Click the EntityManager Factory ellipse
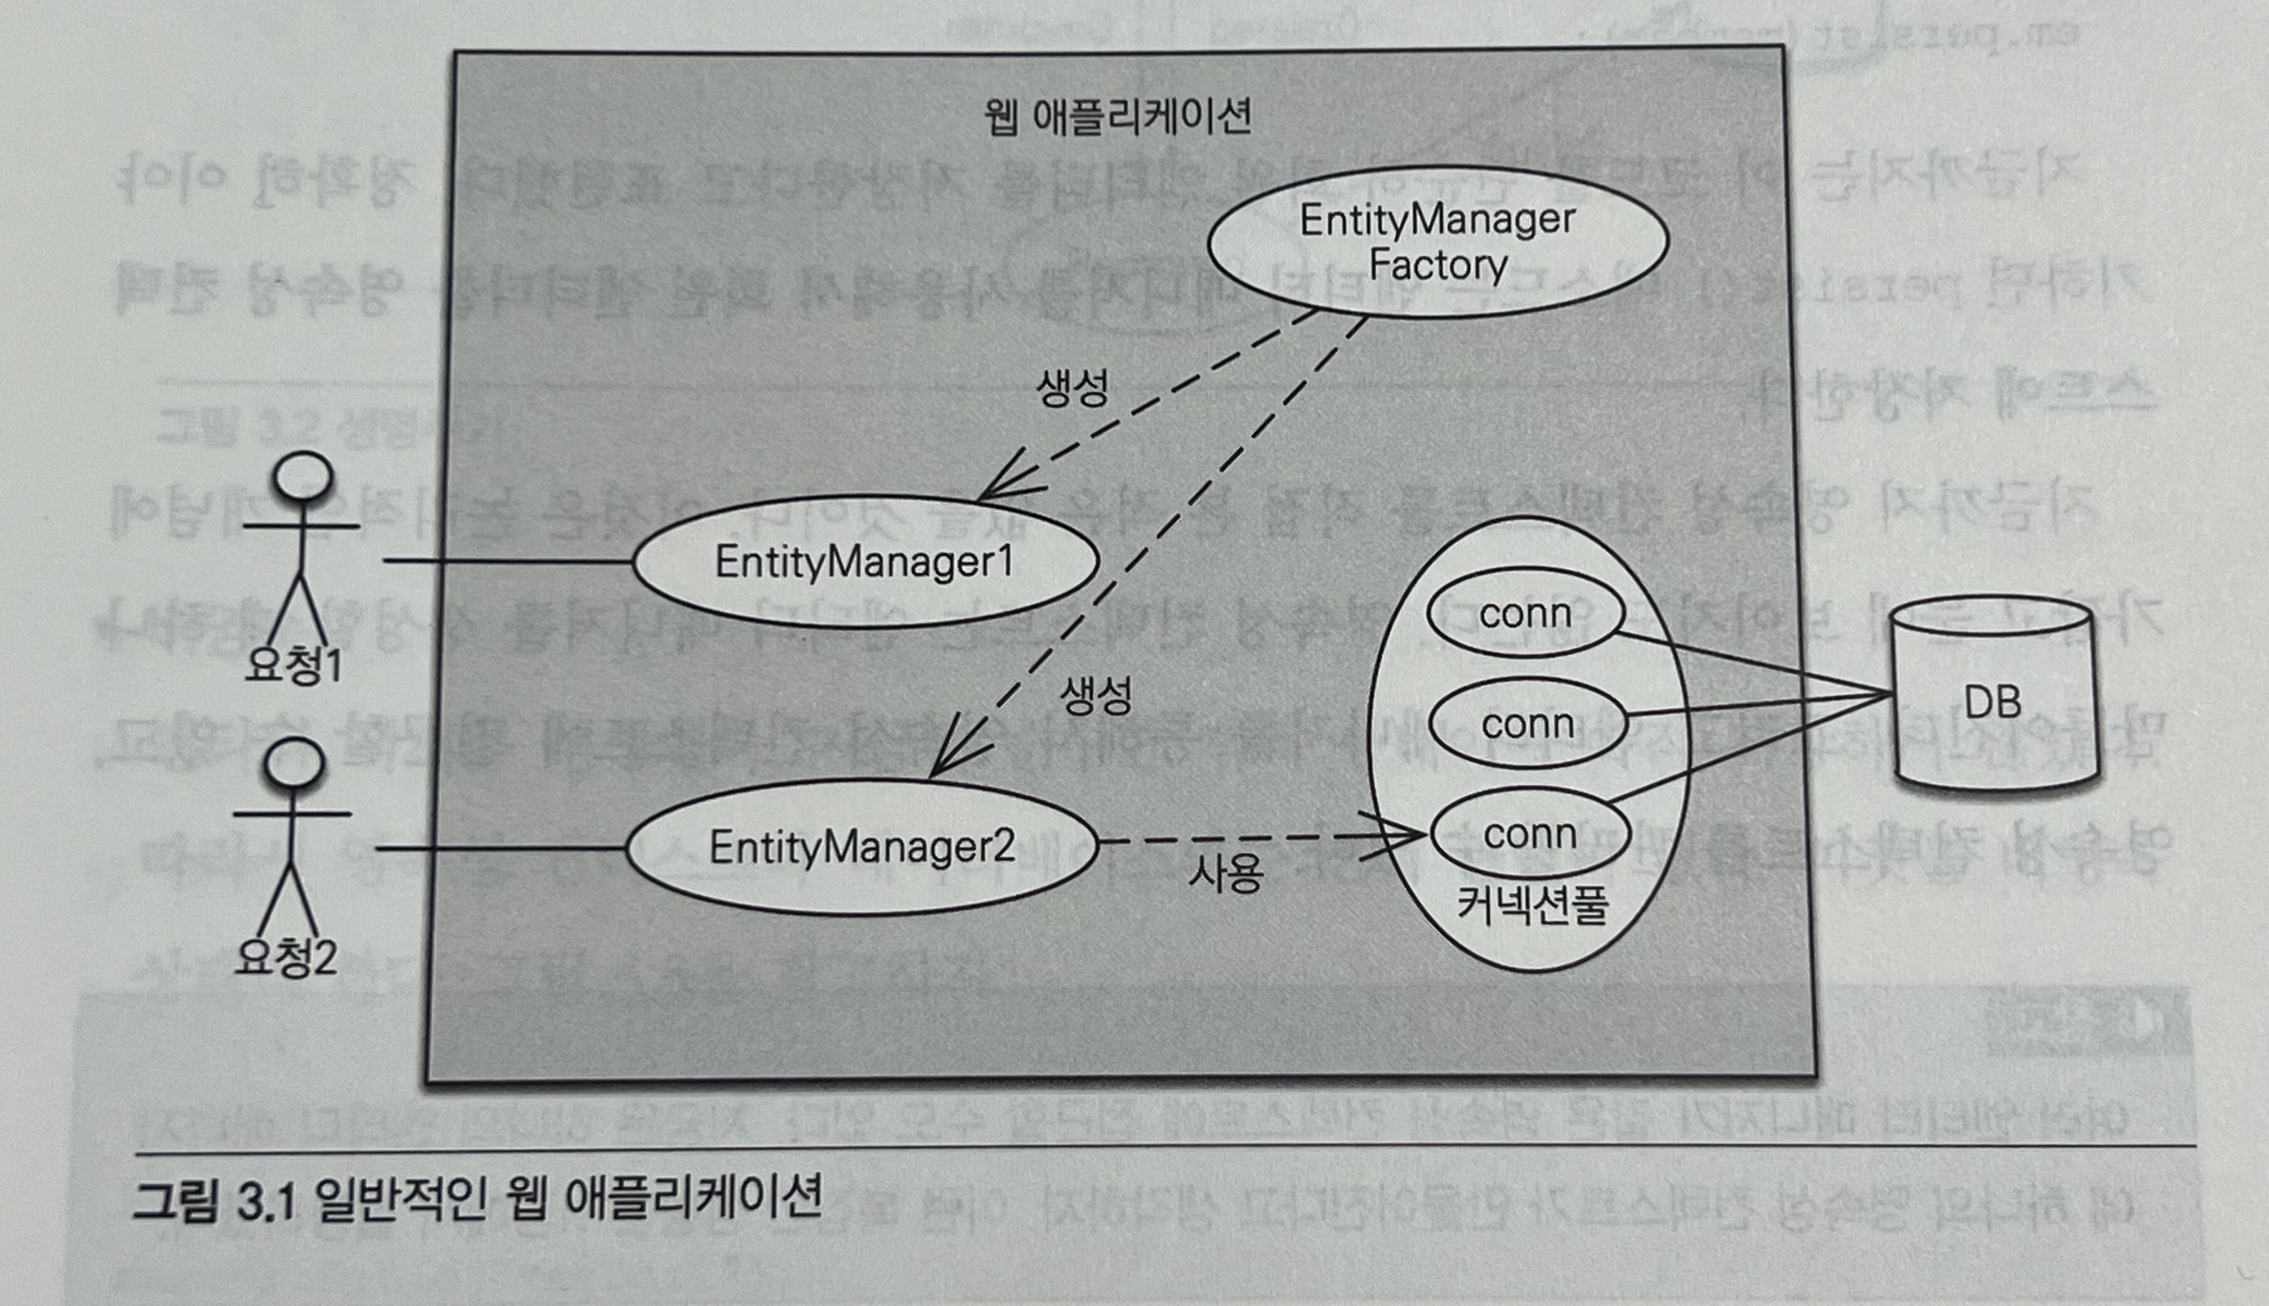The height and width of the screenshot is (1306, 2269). (x=1437, y=242)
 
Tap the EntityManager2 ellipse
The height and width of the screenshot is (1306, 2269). (x=861, y=847)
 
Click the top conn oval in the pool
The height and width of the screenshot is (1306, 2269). (x=1525, y=614)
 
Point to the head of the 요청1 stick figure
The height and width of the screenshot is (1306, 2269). (x=304, y=476)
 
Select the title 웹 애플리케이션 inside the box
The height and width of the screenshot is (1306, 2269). (x=1118, y=117)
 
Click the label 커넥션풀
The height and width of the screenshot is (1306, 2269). (x=1532, y=906)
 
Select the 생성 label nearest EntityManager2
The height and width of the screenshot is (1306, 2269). (x=1096, y=695)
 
